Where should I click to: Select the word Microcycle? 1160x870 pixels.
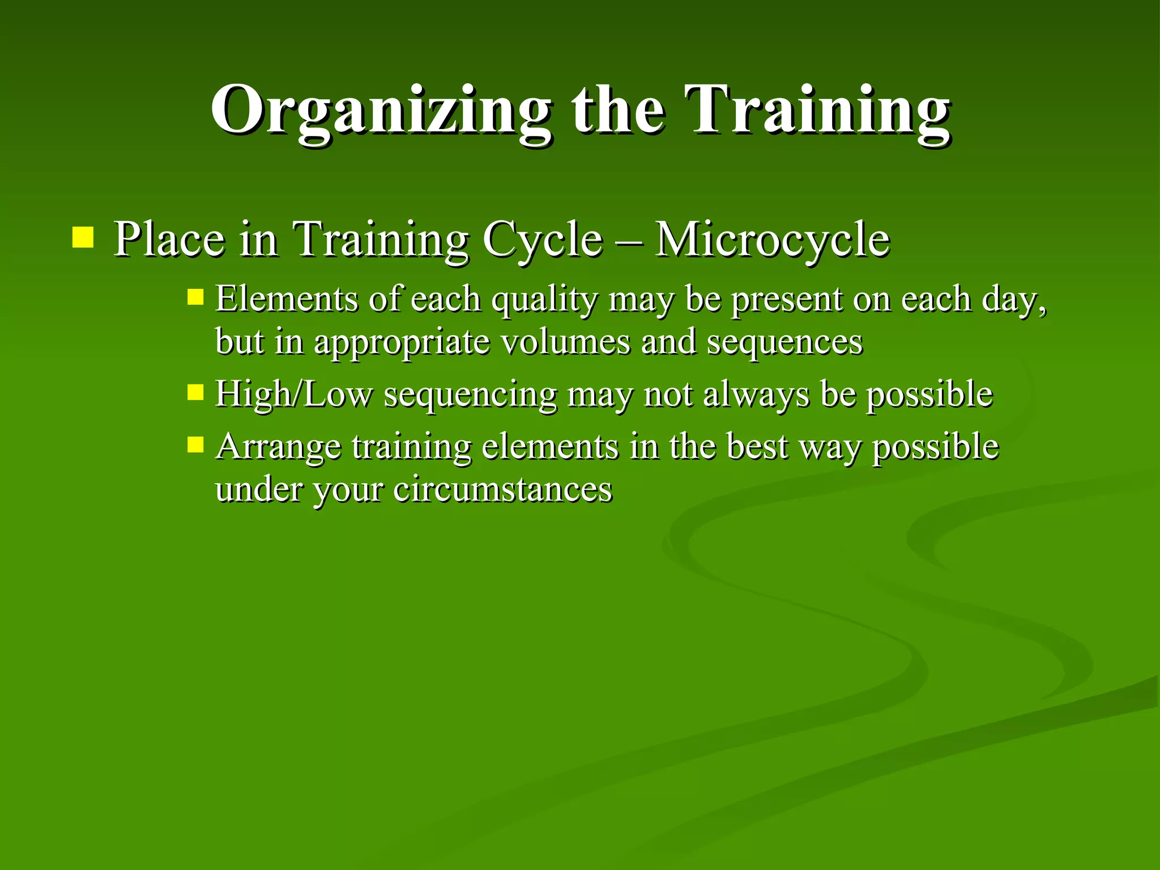coord(772,240)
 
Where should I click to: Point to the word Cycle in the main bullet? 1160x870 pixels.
coord(542,240)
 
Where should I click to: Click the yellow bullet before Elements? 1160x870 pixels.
coord(195,297)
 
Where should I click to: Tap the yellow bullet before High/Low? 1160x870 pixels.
coord(195,392)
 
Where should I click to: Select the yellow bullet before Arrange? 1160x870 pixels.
coord(195,445)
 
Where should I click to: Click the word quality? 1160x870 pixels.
coord(544,300)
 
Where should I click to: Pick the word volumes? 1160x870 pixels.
coord(566,342)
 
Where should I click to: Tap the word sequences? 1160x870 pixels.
coord(784,342)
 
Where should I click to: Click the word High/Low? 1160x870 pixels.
coord(294,394)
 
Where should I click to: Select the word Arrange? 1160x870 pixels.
coord(278,447)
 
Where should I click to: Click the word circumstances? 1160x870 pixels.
coord(502,489)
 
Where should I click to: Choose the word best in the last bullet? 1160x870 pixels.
coord(757,446)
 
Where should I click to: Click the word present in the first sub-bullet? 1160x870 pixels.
coord(786,300)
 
